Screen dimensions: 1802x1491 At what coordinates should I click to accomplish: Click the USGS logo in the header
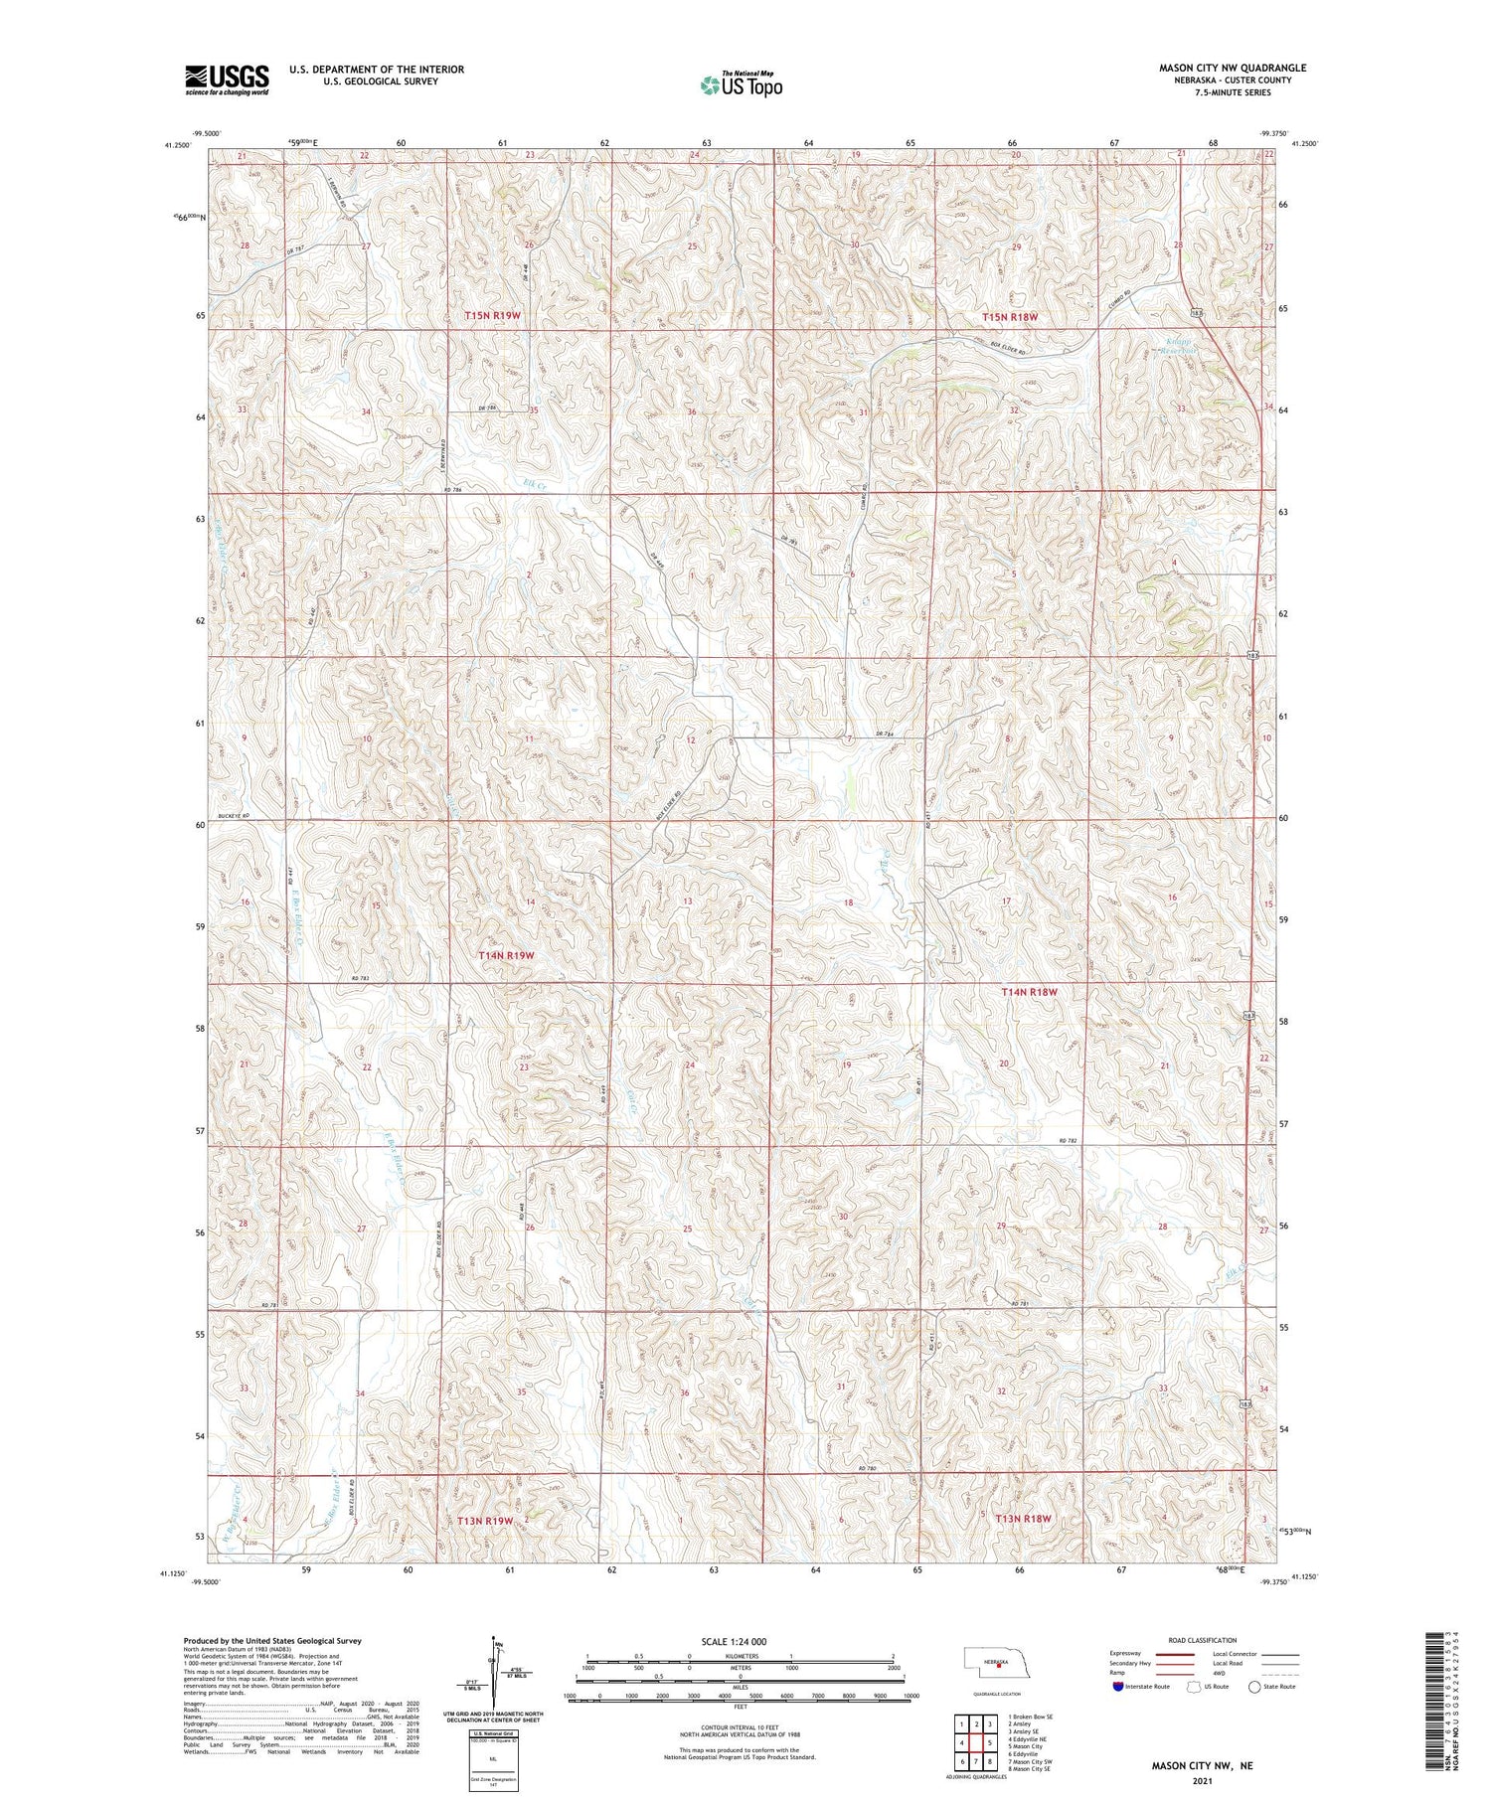tap(227, 80)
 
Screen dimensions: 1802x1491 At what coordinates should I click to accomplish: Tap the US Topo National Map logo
tap(741, 85)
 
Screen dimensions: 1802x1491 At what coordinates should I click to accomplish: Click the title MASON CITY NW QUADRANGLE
tap(1232, 68)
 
